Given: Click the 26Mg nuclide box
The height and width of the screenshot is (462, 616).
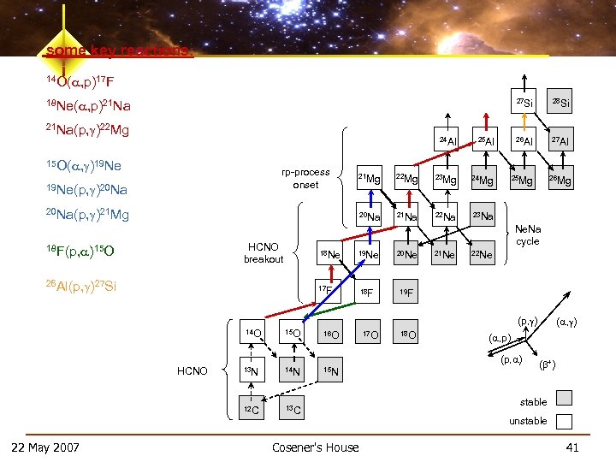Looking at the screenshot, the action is (560, 180).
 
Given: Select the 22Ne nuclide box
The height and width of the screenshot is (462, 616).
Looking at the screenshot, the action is (485, 254).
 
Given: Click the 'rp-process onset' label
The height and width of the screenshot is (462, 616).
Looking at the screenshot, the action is (305, 178).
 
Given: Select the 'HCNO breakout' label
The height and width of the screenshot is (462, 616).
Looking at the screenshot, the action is (263, 253).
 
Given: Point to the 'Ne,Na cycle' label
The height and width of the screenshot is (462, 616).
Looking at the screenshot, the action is (528, 234).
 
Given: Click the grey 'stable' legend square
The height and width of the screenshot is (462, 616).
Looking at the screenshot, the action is (564, 398).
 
